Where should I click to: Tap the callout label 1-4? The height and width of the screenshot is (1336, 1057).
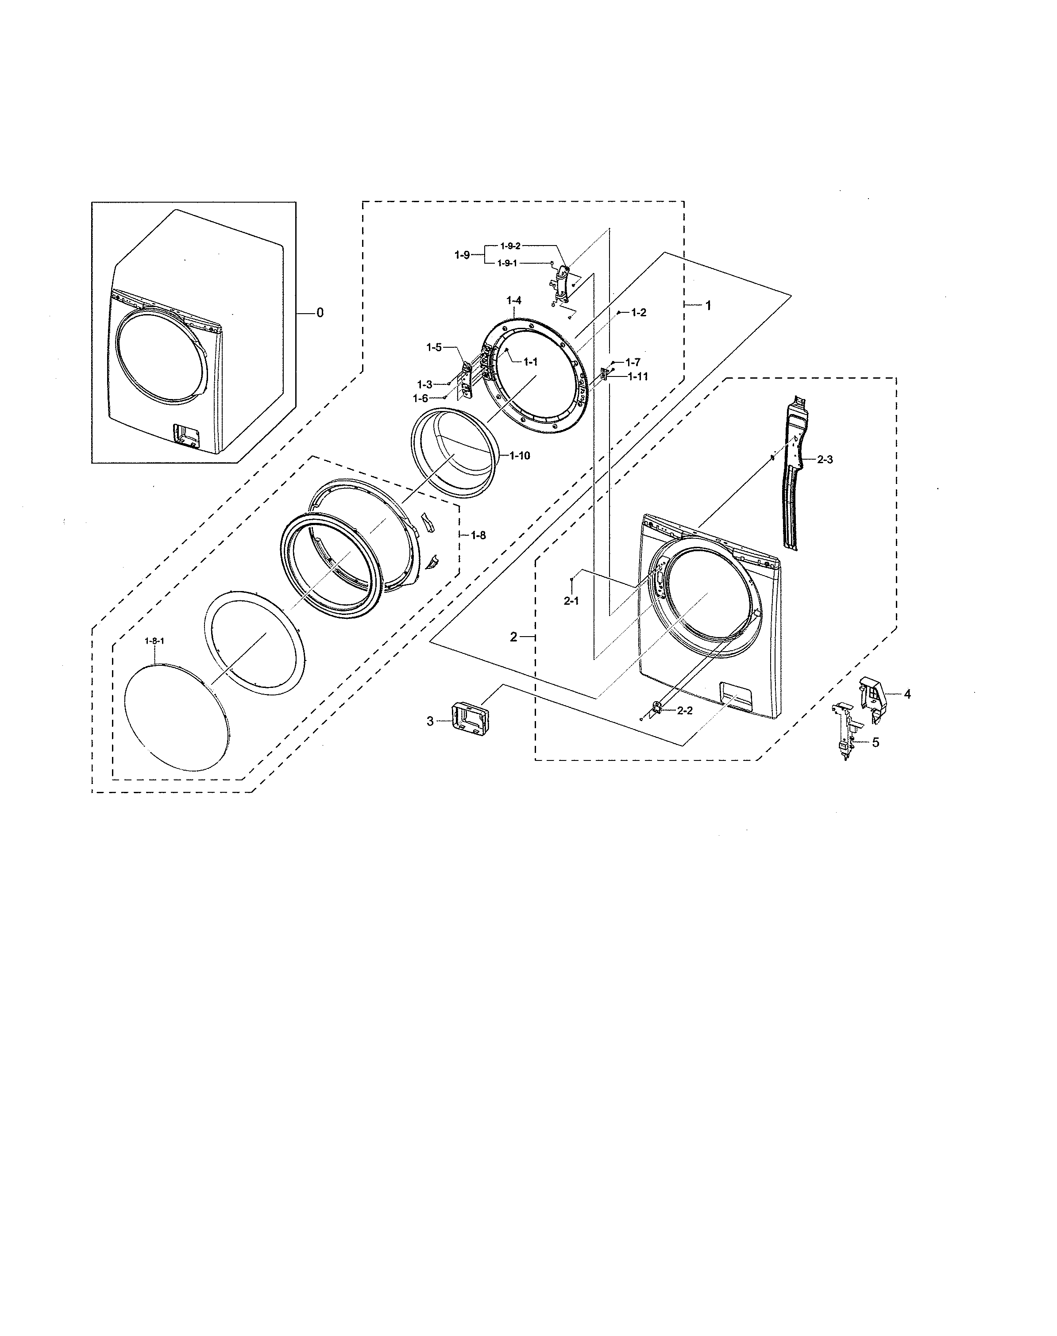513,301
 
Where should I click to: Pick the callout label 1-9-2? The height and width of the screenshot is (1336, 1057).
510,246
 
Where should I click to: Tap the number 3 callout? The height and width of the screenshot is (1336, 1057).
430,721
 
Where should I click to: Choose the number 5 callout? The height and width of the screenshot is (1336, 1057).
875,743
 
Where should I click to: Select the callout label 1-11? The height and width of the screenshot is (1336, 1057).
637,376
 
